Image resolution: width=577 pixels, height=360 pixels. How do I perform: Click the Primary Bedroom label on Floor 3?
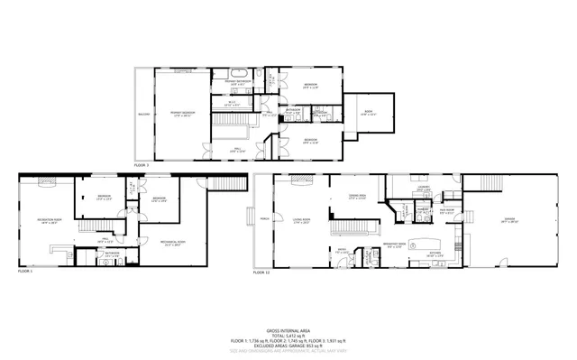183,114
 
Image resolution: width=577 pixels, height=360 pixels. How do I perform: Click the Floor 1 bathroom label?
111,254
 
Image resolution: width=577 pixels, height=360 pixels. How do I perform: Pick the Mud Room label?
446,211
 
